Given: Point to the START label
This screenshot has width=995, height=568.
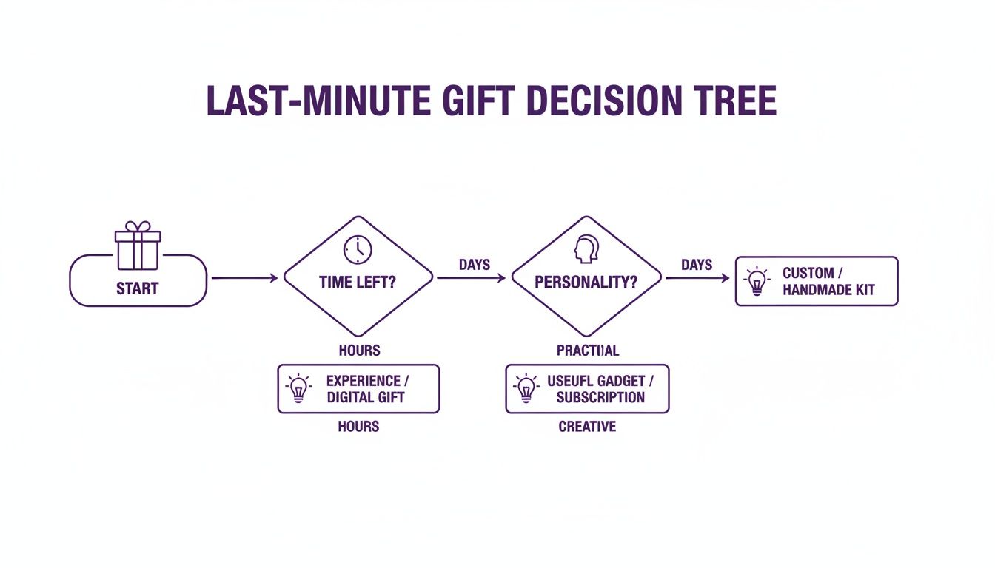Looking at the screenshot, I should pos(138,288).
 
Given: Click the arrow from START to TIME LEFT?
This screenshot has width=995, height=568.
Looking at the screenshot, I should pos(244,278).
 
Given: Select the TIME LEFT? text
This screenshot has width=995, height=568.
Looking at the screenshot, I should pos(357,283).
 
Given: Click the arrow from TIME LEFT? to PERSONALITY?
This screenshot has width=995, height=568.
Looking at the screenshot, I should pos(472,278).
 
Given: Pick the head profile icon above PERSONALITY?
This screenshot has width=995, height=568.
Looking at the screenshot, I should pos(586,250).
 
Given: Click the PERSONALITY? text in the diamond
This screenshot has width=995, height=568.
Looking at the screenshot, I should pos(586,283).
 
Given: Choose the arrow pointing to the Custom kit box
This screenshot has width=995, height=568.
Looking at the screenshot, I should pos(697,278).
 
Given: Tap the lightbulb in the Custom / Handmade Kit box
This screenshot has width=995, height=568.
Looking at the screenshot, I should pos(757,282).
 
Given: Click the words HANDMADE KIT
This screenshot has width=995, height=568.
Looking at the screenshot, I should pos(828,290).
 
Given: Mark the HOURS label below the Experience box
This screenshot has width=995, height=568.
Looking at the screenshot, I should pos(358,426).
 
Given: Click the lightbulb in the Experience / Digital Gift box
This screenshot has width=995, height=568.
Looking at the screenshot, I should pos(298,389).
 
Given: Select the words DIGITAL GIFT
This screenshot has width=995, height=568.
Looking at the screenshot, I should pos(366,397).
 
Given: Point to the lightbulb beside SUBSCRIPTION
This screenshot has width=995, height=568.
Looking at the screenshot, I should pos(526,389).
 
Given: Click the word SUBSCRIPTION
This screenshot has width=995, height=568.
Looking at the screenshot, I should pos(600,397).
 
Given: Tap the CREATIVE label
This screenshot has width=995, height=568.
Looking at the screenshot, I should pos(587,426).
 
